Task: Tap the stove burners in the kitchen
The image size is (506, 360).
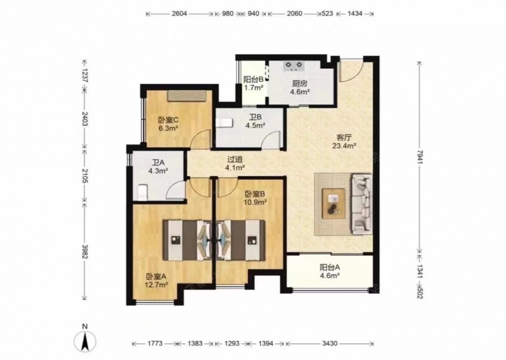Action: (x=294, y=66)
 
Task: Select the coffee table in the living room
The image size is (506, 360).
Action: (x=333, y=204)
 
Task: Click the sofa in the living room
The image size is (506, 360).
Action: (x=362, y=204)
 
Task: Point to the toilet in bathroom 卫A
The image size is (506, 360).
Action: (x=142, y=191)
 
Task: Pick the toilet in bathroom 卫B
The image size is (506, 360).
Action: (x=224, y=123)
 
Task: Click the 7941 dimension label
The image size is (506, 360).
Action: (x=419, y=156)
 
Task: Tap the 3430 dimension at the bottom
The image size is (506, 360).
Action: (x=330, y=343)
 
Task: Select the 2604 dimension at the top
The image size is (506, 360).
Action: (x=180, y=14)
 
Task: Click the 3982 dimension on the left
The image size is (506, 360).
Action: (x=85, y=251)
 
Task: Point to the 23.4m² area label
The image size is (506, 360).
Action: (x=344, y=146)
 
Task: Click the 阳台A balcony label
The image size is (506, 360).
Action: (x=330, y=267)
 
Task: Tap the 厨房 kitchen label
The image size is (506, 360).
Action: (x=299, y=84)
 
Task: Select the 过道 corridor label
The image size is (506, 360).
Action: (x=235, y=159)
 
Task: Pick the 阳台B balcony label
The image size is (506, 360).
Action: (x=254, y=79)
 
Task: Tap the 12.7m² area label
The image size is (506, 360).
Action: (x=156, y=285)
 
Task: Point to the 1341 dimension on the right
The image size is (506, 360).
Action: (x=419, y=269)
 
